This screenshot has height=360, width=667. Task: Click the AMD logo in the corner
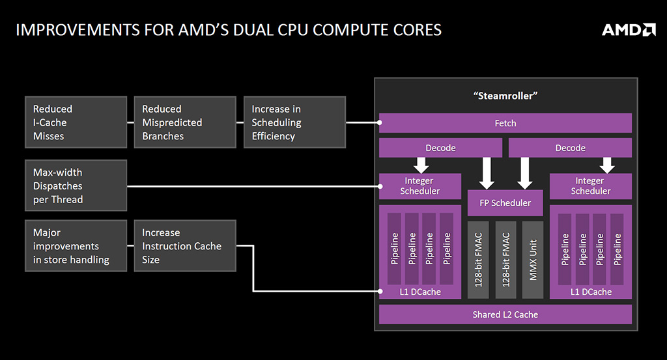[x=628, y=30]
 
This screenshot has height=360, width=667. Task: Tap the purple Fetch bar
[x=505, y=123]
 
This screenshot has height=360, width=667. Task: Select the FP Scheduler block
[x=505, y=202]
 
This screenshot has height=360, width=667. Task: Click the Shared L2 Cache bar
[x=505, y=314]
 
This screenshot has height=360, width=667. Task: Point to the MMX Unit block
[x=533, y=260]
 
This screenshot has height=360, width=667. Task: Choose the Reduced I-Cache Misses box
[x=76, y=122]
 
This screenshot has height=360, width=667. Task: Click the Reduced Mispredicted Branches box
[x=185, y=122]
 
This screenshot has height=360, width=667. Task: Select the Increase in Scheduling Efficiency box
[x=294, y=122]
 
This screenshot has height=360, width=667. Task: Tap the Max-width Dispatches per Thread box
[x=76, y=186]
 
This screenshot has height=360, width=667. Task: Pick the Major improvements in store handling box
[x=76, y=245]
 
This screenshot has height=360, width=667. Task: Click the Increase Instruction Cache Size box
[x=185, y=245]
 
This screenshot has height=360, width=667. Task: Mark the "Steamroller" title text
[x=505, y=96]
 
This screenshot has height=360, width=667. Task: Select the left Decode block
[x=440, y=148]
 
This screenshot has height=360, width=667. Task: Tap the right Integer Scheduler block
[x=591, y=186]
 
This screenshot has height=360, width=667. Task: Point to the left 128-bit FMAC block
[x=478, y=260]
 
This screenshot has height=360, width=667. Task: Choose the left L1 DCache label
[x=420, y=292]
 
